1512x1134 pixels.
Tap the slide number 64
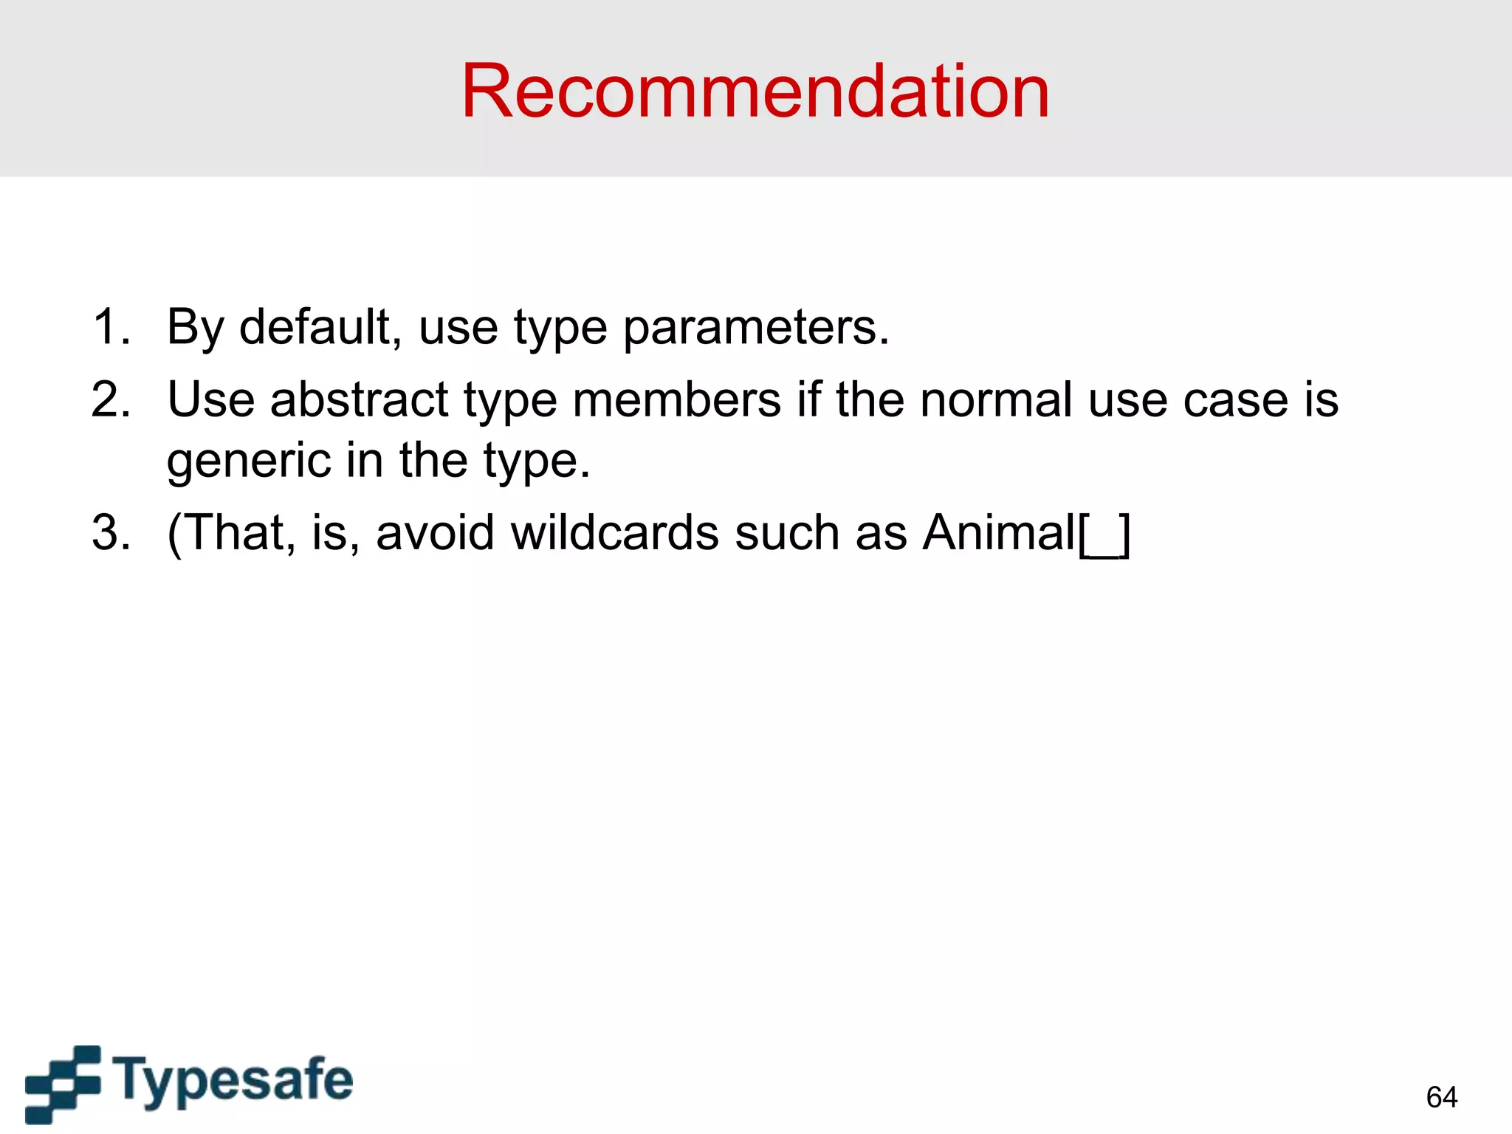(1441, 1097)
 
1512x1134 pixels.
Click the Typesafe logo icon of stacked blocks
(63, 1083)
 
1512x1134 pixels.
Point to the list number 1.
(111, 326)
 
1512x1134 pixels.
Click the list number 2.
(111, 399)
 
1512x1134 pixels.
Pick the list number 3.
(111, 532)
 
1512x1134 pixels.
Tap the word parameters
(756, 328)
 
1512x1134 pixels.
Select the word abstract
(359, 399)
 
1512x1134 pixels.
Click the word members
(676, 399)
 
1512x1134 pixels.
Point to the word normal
(996, 399)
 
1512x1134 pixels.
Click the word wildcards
(614, 532)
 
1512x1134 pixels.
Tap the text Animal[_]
(1026, 532)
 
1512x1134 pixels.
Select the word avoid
(435, 532)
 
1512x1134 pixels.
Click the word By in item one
(194, 328)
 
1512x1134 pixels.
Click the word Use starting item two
(210, 399)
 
